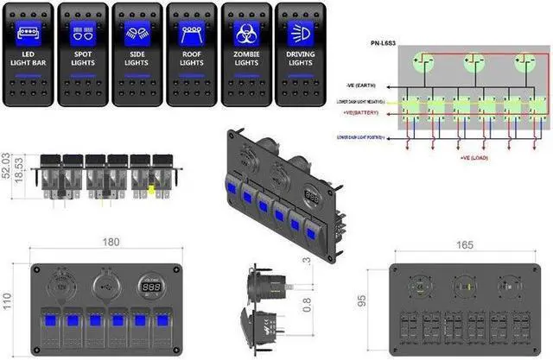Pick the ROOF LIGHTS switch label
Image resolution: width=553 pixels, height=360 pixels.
coord(192,60)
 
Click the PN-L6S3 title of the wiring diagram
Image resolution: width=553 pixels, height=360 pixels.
coord(385,41)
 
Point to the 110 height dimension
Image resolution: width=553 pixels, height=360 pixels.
coord(10,302)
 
